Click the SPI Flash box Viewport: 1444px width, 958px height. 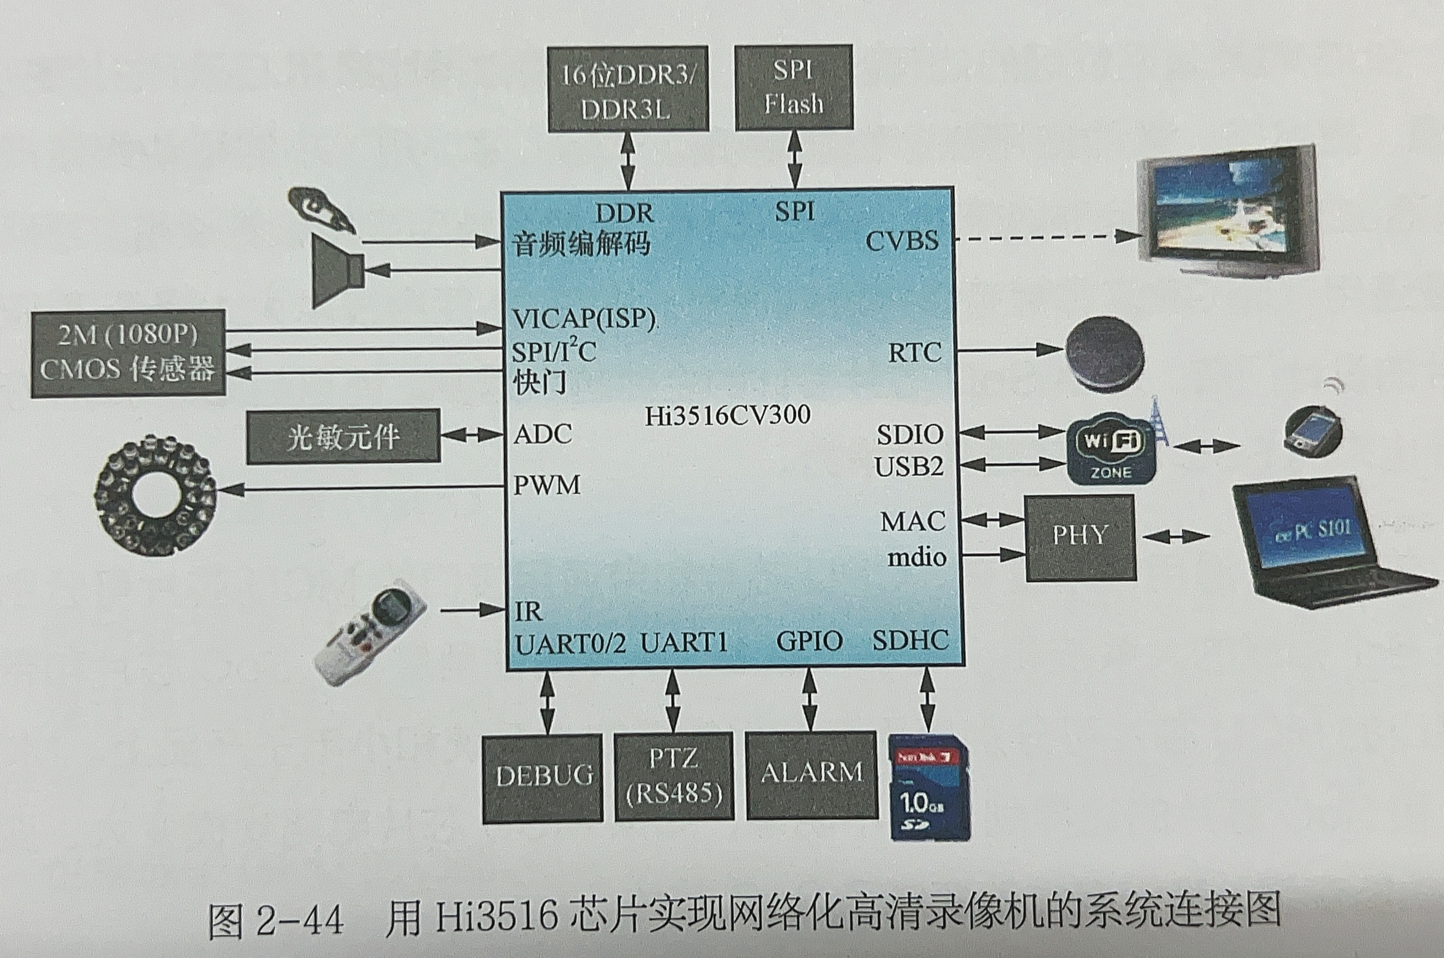tap(794, 87)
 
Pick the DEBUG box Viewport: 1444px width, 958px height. tap(543, 777)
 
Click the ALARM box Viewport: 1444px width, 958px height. tap(812, 774)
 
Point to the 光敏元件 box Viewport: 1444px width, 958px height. tap(343, 436)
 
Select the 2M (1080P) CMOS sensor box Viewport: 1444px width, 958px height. tap(128, 353)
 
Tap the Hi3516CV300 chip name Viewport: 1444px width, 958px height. tap(727, 415)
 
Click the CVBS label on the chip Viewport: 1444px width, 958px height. tap(902, 241)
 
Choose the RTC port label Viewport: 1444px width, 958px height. tap(914, 353)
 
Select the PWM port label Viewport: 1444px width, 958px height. tap(547, 485)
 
